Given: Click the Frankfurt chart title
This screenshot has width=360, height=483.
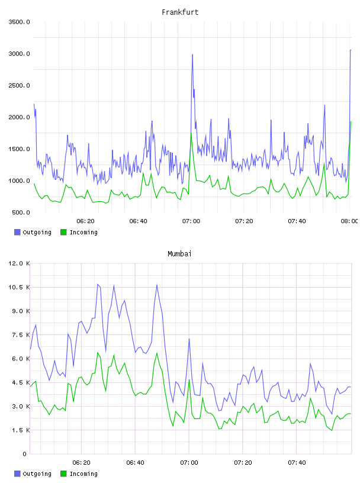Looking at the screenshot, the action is coord(180,12).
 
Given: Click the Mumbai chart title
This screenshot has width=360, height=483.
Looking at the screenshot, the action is coord(179,254).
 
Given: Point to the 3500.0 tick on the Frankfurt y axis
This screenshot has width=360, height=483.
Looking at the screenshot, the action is coord(20,22).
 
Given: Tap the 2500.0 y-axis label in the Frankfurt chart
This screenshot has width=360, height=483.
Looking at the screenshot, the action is coord(20,85).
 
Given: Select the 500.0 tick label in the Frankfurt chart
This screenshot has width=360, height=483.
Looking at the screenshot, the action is coord(21,212).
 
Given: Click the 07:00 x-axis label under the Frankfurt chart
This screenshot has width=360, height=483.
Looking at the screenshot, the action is coord(191,221).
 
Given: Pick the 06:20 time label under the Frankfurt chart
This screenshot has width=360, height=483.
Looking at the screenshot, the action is coord(85,221).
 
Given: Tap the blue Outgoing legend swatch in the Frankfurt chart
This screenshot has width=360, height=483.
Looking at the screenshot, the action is coord(17,232).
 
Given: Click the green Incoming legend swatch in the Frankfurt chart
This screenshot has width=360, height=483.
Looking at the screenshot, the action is coord(63,232).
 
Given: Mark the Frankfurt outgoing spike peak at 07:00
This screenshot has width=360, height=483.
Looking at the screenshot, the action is coord(192,54).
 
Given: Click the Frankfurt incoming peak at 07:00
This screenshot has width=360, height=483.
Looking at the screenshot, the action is coord(191,133).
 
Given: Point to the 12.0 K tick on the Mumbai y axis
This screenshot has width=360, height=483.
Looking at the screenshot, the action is coord(20,263).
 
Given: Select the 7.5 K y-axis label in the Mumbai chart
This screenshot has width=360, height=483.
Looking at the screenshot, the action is coord(21,335).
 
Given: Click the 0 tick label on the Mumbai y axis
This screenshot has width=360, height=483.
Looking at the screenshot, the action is coord(24,454).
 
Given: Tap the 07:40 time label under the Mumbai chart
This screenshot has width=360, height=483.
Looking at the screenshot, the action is coord(297,463).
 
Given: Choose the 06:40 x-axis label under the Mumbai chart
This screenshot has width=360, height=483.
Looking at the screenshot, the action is coord(136,463).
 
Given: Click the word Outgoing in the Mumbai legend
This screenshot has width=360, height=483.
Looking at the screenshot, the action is coord(37,474).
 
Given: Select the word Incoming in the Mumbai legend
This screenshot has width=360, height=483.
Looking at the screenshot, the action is coord(83,474).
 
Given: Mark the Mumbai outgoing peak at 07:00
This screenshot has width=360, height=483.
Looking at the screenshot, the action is coord(189,339).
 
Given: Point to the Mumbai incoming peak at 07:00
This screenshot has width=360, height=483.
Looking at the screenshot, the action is coord(189,379).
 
